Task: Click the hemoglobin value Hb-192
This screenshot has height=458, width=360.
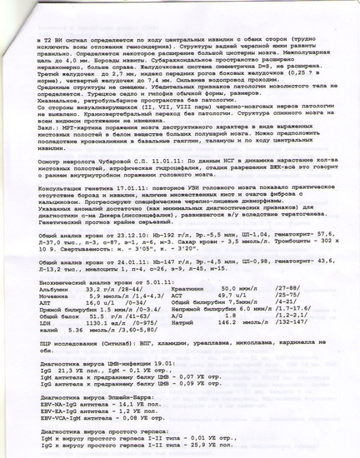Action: (142, 236)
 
